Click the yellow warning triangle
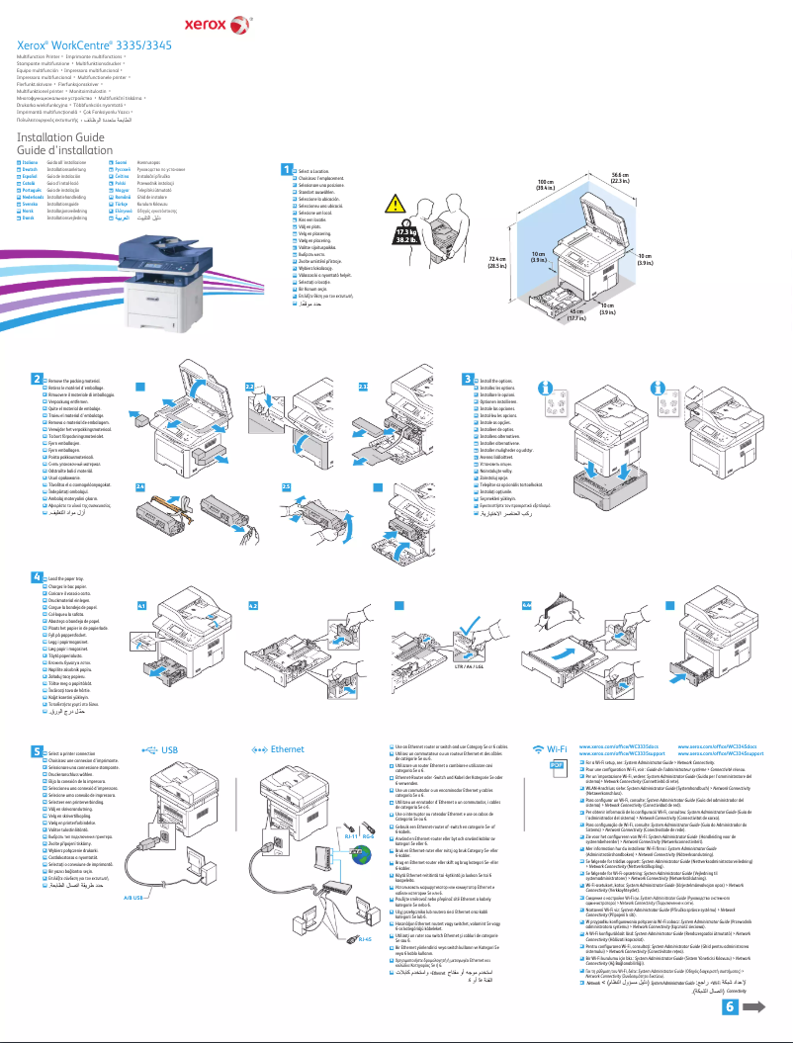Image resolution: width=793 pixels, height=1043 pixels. pos(395,206)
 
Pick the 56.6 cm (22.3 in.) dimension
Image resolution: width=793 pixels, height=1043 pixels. pos(621,179)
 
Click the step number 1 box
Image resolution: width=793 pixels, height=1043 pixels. pos(288,171)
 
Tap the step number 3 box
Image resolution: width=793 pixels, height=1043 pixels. pos(469,380)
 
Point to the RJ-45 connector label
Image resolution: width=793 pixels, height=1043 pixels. pos(362,910)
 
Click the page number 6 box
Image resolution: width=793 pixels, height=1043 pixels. pos(730,1006)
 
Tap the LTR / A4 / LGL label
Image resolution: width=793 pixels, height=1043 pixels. pos(467,667)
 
